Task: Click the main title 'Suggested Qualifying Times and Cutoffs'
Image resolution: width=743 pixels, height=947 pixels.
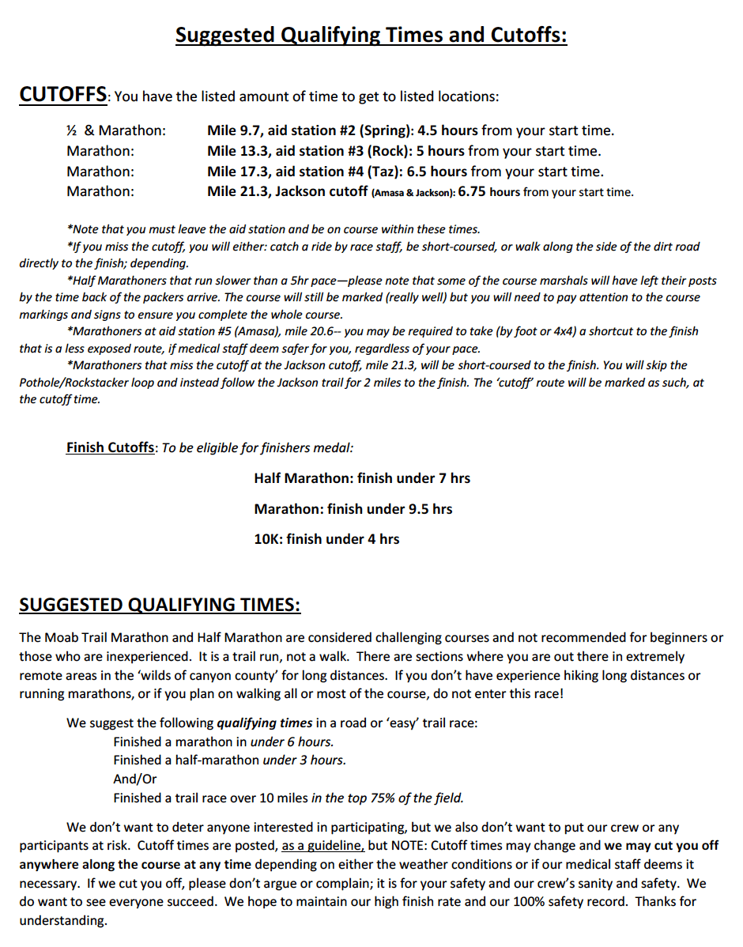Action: [371, 36]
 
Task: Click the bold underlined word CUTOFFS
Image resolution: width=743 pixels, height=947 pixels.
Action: [62, 95]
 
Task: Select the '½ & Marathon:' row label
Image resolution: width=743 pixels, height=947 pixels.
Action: [116, 130]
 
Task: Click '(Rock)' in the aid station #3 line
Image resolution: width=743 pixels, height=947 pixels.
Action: [390, 151]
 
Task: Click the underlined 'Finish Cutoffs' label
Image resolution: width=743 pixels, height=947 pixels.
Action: [111, 447]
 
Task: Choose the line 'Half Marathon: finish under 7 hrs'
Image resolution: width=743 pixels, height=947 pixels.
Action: [362, 478]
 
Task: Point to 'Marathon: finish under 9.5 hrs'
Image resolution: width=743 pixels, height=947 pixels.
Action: [353, 509]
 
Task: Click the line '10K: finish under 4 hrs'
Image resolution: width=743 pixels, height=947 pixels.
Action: [326, 539]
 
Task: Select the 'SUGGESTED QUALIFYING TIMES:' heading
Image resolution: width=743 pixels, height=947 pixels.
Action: [160, 605]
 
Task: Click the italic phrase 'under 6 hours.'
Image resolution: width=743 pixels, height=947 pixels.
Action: [292, 741]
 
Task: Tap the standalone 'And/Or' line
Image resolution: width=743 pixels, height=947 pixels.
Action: [135, 779]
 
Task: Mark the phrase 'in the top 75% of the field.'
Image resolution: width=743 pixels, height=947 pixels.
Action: [387, 798]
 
